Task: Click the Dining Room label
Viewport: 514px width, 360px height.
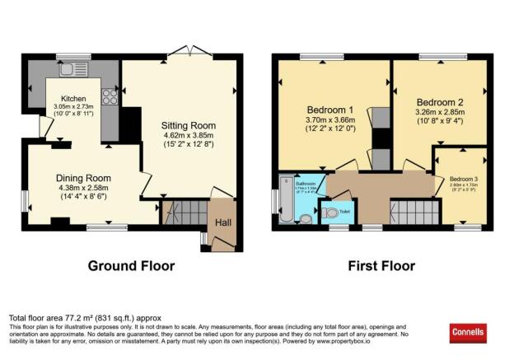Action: coord(84,177)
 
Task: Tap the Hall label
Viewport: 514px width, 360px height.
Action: coord(223,222)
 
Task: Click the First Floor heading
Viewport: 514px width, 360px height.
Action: coord(381,266)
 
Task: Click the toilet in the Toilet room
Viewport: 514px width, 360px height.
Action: coord(330,213)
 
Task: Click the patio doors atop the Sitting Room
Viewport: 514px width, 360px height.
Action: coord(194,51)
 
